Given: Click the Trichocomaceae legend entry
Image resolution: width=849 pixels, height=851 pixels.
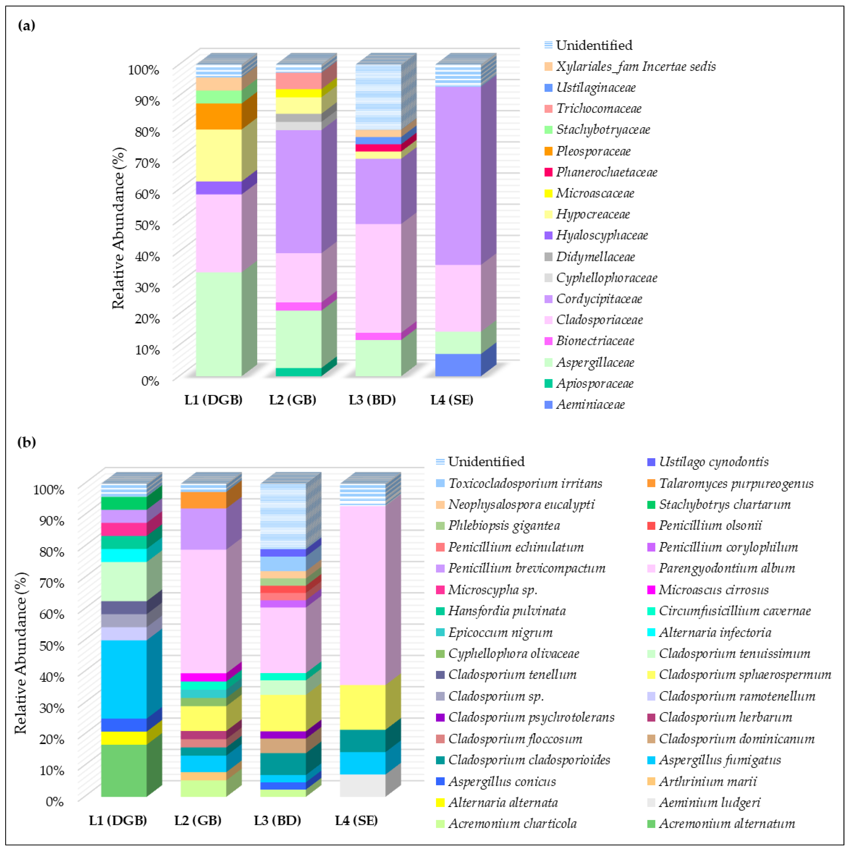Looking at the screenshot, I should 598,108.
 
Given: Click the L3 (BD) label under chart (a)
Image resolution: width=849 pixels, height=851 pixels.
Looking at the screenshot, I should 372,400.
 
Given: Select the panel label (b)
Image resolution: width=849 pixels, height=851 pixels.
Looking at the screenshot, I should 27,442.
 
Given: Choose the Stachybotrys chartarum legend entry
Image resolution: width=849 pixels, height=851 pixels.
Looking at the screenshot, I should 724,504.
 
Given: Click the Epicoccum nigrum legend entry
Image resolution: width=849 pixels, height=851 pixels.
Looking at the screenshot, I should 500,633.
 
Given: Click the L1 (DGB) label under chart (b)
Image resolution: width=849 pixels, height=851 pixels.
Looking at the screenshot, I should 118,820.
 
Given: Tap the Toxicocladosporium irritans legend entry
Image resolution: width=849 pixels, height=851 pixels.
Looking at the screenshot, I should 525,483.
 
